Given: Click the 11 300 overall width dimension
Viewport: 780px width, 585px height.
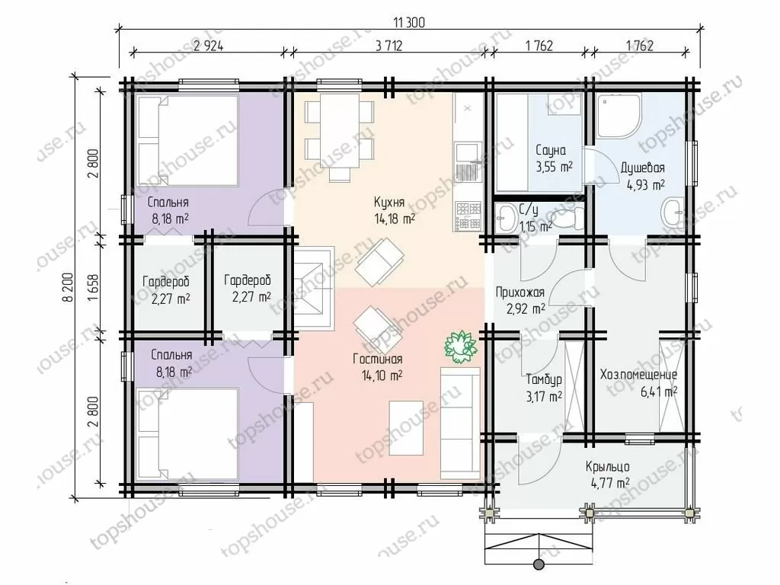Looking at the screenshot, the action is pyautogui.click(x=409, y=22).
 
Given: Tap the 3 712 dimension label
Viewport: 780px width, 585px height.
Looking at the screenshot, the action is pyautogui.click(x=388, y=46).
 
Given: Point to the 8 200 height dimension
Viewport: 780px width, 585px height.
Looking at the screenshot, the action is pyautogui.click(x=69, y=286).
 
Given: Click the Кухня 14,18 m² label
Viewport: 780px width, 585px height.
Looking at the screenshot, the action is pyautogui.click(x=393, y=210).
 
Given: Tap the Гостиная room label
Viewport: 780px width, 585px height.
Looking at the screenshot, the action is pyautogui.click(x=378, y=360).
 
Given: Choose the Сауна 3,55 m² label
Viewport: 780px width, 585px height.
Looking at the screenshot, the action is pyautogui.click(x=554, y=158).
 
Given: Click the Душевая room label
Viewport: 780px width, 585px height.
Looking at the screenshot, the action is pyautogui.click(x=642, y=168).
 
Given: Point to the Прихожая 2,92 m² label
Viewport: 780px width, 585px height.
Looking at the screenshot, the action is pyautogui.click(x=520, y=300).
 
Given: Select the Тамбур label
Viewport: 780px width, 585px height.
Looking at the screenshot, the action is pyautogui.click(x=544, y=379).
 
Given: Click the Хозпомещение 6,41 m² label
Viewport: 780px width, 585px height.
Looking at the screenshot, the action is pyautogui.click(x=639, y=382).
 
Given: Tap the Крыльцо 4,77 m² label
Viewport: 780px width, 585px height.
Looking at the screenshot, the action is pyautogui.click(x=607, y=474).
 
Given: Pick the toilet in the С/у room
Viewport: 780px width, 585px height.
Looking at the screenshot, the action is pyautogui.click(x=567, y=219).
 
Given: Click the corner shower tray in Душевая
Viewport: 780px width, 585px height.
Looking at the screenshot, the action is pyautogui.click(x=619, y=115).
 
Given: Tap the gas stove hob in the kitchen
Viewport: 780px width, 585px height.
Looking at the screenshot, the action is pyautogui.click(x=468, y=216).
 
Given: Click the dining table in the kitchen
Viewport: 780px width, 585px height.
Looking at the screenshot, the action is pyautogui.click(x=340, y=131).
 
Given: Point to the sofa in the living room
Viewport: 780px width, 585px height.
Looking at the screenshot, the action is pyautogui.click(x=461, y=424).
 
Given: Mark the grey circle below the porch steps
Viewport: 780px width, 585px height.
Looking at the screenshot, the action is pyautogui.click(x=539, y=564).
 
